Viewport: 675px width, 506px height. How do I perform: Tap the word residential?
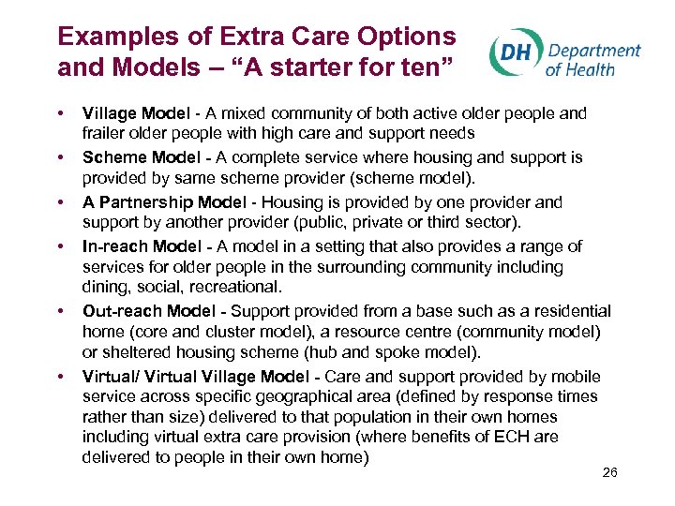(x=566, y=311)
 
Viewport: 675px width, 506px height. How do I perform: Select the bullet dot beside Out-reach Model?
(x=61, y=311)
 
